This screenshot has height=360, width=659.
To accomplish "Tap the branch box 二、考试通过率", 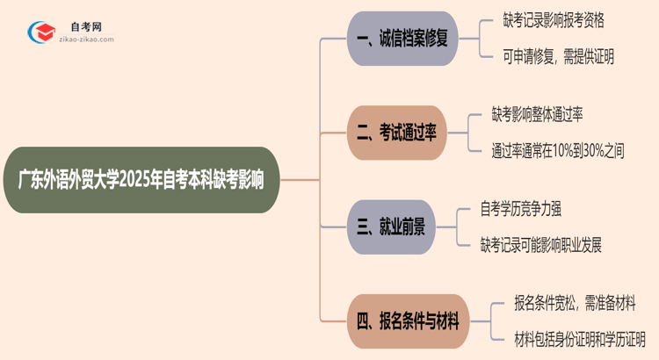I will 403,132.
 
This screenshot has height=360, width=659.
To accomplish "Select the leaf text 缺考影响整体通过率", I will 550,114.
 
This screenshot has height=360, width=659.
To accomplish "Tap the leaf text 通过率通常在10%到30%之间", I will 558,150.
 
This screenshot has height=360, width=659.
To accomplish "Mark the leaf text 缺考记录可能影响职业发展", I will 541,245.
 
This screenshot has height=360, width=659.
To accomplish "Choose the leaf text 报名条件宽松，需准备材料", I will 575,303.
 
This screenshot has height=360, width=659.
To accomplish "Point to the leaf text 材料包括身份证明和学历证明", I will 580,339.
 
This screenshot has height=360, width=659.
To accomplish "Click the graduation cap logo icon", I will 41,33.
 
